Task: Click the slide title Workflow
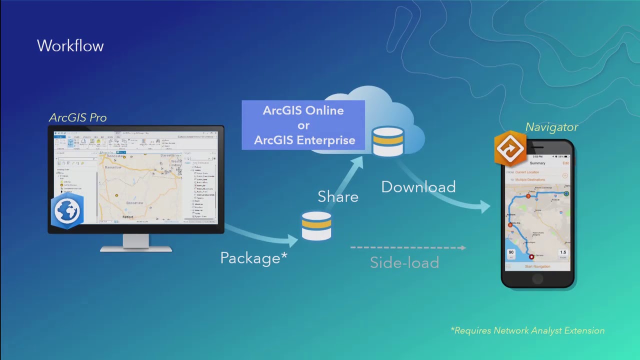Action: [x=70, y=46]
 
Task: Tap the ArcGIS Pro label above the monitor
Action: [x=77, y=118]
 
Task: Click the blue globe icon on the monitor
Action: [x=67, y=210]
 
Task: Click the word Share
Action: [x=338, y=197]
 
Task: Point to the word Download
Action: [x=418, y=187]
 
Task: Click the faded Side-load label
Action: [x=404, y=262]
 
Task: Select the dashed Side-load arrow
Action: [x=408, y=247]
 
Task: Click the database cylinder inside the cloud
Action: [x=388, y=141]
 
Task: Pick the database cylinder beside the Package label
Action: [x=316, y=226]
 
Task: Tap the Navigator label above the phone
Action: [x=551, y=127]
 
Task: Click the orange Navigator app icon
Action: [x=510, y=148]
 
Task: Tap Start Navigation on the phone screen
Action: [x=537, y=266]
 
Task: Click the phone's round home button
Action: [x=537, y=279]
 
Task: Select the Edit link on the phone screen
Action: [x=565, y=163]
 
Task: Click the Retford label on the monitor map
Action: [x=128, y=217]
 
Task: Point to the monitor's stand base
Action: [x=136, y=247]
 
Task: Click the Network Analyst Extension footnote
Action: [x=527, y=330]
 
